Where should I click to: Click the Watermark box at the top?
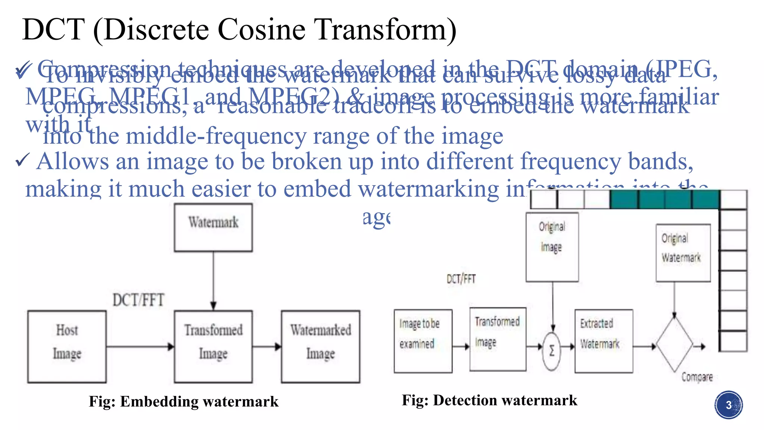[213, 227]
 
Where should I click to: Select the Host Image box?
[67, 346]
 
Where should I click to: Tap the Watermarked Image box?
[320, 346]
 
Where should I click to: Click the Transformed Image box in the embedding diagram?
[213, 346]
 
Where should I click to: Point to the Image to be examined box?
[423, 341]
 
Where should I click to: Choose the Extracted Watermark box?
[604, 341]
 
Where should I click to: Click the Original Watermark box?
[683, 252]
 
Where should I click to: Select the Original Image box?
[552, 247]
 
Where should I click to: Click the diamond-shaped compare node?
[674, 345]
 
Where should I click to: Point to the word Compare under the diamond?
[697, 377]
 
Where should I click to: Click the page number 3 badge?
[729, 405]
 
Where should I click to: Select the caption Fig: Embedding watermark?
[184, 402]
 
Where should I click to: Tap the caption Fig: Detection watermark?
[489, 400]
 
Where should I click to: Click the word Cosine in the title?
[261, 30]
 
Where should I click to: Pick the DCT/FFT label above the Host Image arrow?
[138, 300]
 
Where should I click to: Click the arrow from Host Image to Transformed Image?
[140, 347]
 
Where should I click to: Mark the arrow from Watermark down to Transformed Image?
[213, 280]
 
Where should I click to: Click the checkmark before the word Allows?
[22, 161]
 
